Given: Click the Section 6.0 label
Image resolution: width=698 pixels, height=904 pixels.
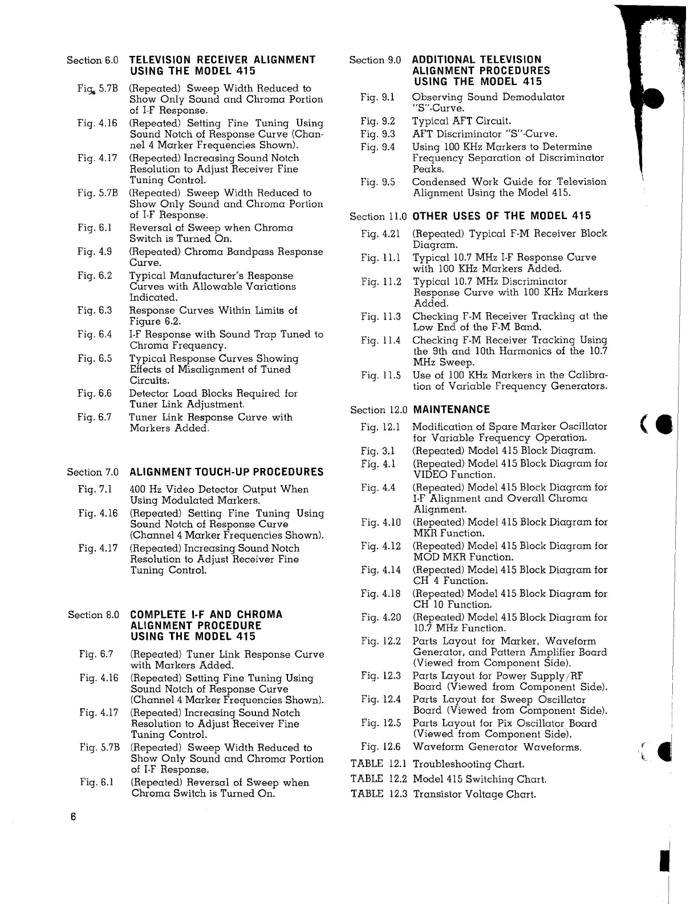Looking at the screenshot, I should [x=92, y=60].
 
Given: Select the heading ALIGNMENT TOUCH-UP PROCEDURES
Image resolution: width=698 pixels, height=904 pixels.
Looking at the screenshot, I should [x=226, y=472].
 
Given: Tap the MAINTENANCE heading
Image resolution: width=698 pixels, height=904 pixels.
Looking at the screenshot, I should [x=451, y=410].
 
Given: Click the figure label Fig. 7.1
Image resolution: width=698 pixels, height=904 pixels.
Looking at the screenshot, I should [x=95, y=489].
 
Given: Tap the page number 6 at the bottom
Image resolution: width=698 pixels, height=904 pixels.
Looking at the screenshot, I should [x=74, y=816].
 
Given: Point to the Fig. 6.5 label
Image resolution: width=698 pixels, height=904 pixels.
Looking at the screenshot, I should [x=95, y=358].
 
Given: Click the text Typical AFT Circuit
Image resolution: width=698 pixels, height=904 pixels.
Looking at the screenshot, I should [x=462, y=121].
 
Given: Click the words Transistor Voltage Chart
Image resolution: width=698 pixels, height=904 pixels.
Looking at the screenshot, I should [x=474, y=794].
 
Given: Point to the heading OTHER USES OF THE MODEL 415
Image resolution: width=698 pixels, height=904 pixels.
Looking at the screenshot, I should [x=501, y=216].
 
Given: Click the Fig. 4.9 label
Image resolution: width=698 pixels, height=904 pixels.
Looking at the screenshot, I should [x=95, y=252].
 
